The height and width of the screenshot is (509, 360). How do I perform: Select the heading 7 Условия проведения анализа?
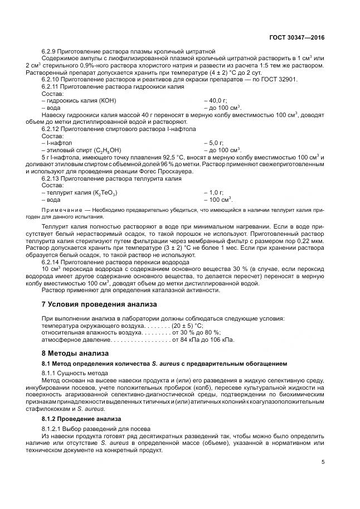click(100, 304)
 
